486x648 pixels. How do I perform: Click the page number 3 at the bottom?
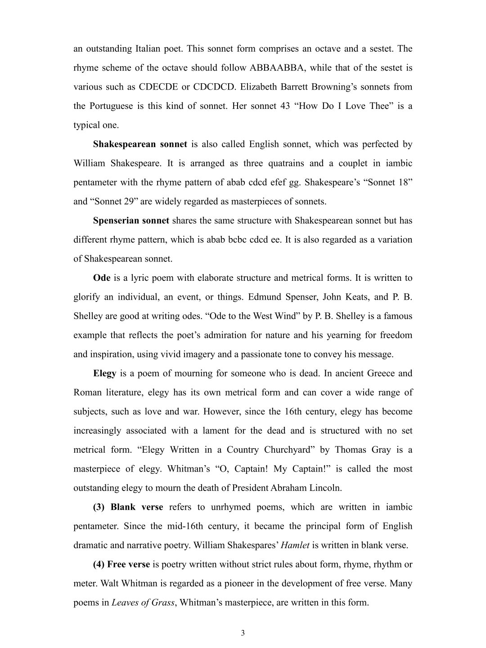point(243,633)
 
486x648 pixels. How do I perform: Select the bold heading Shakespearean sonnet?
point(140,144)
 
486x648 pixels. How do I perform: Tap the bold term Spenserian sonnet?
point(131,220)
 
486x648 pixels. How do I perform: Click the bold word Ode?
point(102,278)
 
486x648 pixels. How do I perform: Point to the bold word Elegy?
point(104,373)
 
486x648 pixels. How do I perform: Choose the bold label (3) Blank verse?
point(128,507)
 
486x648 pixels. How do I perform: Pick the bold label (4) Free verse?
point(121,564)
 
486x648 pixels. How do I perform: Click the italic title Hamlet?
point(295,545)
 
